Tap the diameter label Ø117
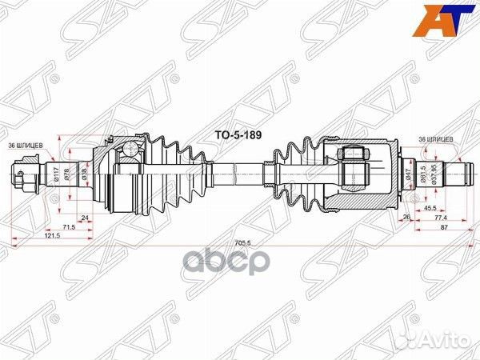point(56,173)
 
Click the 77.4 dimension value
point(439,217)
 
